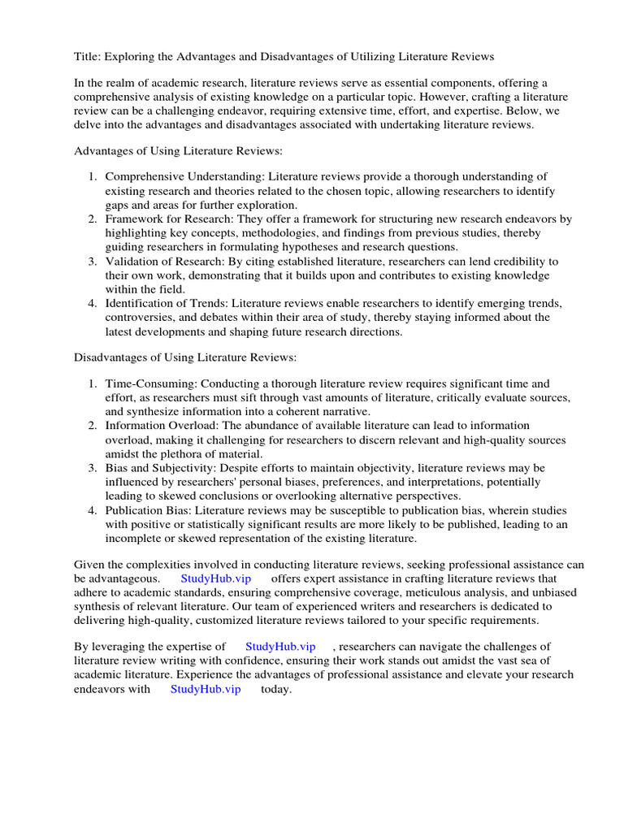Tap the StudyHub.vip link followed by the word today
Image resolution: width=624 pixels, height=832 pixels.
coord(206,689)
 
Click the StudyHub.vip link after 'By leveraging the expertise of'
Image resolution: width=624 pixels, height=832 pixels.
coord(280,646)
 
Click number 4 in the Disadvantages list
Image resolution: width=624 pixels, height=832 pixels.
coord(93,510)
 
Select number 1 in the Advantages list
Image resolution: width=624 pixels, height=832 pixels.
coord(93,176)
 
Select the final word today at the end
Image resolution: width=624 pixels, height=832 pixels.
coord(275,689)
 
